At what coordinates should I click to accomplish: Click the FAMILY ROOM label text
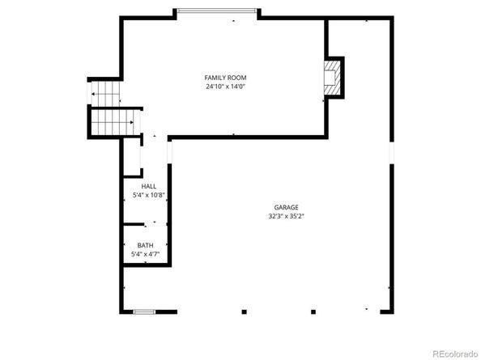click(x=224, y=78)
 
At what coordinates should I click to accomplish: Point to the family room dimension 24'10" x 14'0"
click(x=224, y=86)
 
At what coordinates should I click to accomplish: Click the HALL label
click(x=149, y=187)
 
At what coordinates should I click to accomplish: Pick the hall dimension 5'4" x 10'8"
click(x=149, y=195)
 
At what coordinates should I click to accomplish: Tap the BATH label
click(x=145, y=245)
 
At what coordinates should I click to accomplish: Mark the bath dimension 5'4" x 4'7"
click(x=145, y=254)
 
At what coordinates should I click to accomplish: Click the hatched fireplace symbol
click(x=331, y=77)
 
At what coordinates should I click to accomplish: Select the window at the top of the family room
click(x=218, y=11)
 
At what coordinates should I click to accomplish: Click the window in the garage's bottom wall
click(x=144, y=311)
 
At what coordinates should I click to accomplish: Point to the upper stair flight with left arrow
click(x=104, y=94)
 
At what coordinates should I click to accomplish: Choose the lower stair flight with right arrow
click(x=113, y=123)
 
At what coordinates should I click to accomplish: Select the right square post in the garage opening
click(x=312, y=311)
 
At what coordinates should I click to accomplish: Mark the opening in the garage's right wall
click(x=390, y=153)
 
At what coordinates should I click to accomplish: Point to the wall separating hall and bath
click(x=145, y=223)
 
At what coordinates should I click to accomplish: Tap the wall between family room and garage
click(x=247, y=137)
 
